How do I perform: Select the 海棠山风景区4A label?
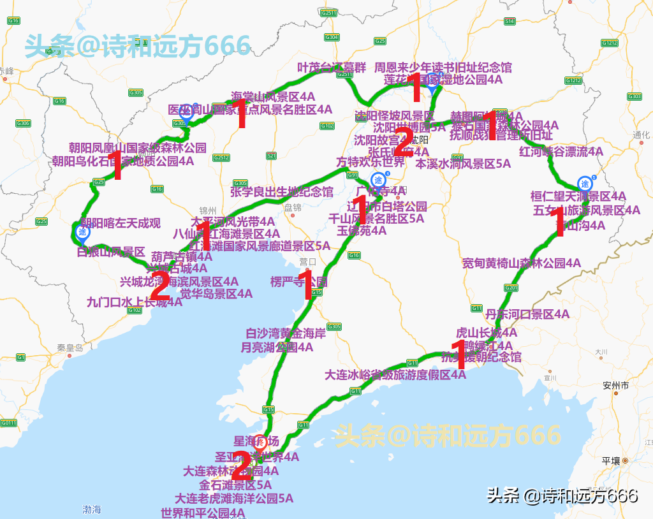coord(273,97)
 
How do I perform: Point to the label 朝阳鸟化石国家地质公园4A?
coord(123,161)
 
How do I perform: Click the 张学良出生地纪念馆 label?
coord(281,191)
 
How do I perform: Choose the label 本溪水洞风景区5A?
coord(463,164)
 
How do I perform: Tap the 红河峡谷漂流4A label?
coord(561,152)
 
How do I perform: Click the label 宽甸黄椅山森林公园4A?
coord(521,263)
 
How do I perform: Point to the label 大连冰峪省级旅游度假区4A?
coord(395,375)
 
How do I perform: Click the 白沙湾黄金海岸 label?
coord(286,333)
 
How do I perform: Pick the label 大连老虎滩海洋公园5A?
coord(234,499)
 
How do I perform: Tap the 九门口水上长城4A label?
coord(135,302)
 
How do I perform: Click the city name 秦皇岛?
coord(70,348)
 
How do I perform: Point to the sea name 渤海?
coord(91,509)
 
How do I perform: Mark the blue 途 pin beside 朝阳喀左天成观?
coord(82,233)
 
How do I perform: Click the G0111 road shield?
coord(8,423)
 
